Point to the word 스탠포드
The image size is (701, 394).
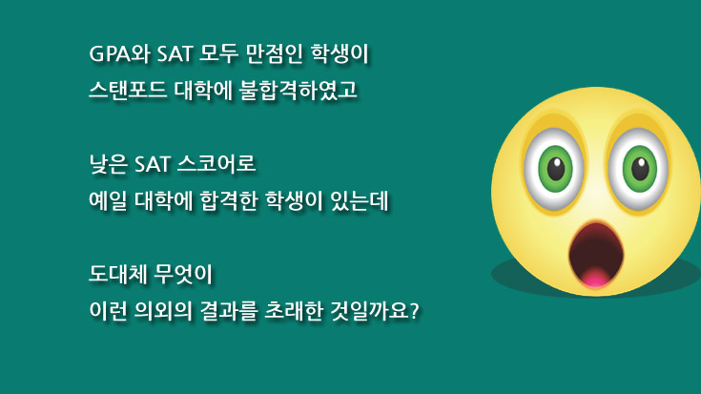point(128,91)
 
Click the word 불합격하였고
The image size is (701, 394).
point(299,91)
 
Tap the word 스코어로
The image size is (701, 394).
point(216,164)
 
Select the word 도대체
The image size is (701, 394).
point(117,274)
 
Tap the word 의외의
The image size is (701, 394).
point(163,311)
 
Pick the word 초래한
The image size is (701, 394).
point(294,311)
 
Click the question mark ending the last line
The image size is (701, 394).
point(415,311)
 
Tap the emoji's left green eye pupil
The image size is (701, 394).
point(556,169)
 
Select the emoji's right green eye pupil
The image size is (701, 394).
point(640,169)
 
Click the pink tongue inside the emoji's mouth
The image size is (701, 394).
point(594,278)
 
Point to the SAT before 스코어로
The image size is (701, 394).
point(153,165)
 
